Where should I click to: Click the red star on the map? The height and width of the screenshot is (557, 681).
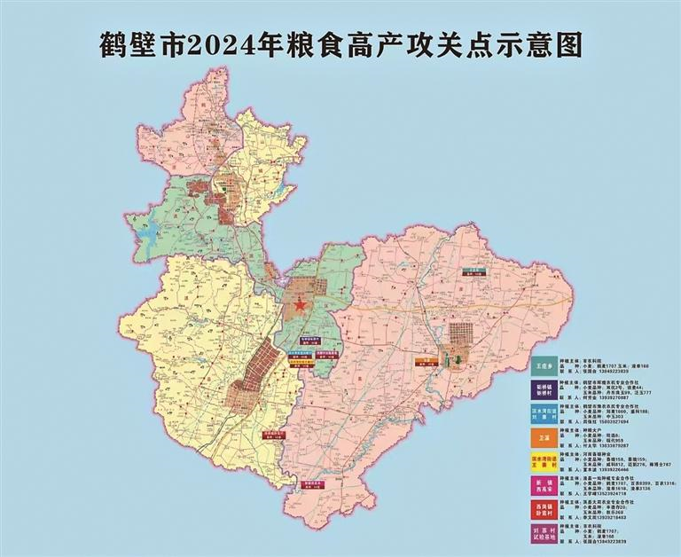(x=299, y=305)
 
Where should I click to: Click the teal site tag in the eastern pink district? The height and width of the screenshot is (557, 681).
(x=477, y=271)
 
